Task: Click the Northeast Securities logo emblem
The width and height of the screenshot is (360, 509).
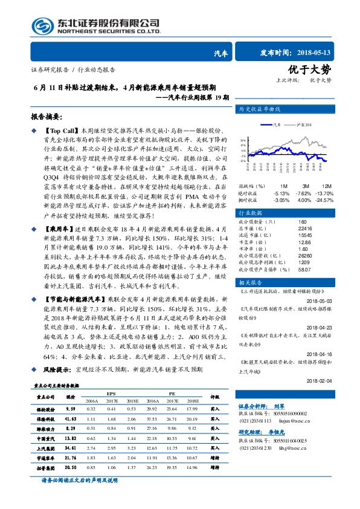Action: coord(42,25)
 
